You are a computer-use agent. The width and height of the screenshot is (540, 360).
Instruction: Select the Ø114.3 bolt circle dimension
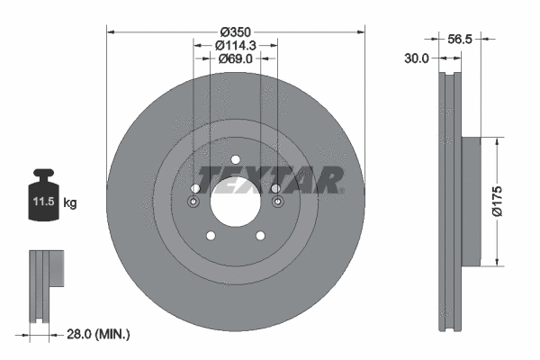click(235, 42)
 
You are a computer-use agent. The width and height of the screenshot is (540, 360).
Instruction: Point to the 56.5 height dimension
click(460, 39)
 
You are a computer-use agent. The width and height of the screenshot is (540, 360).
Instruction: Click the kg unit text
click(71, 203)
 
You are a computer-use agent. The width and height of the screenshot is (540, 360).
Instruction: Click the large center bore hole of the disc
click(235, 202)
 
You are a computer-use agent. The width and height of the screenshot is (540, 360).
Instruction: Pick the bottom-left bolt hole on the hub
click(210, 237)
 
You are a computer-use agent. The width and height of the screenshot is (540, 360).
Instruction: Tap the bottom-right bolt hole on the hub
click(260, 237)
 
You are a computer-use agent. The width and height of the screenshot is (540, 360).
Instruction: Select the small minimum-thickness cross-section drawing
click(46, 283)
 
